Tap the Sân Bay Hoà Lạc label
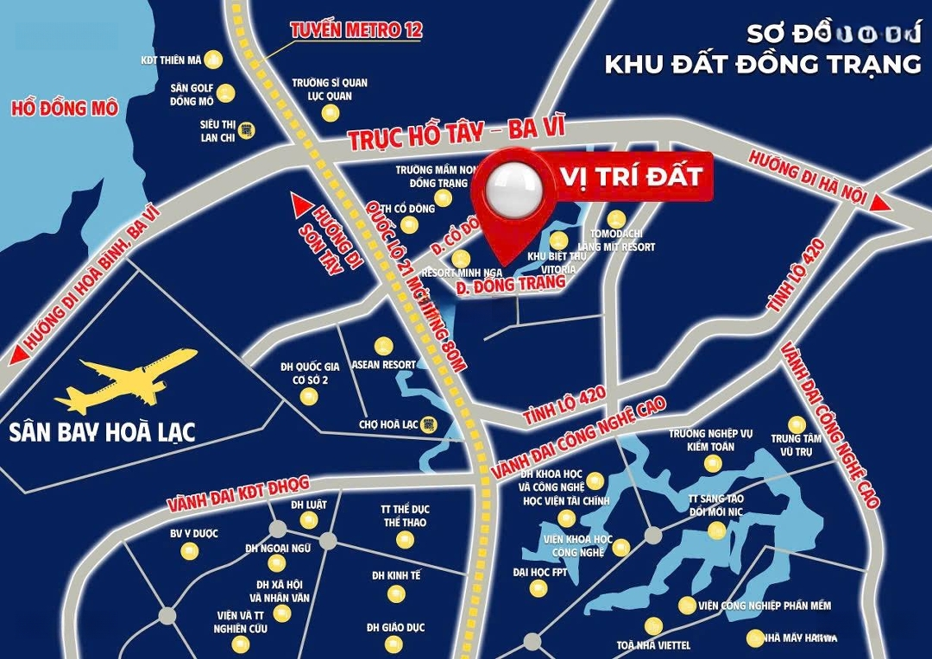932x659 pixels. point(103,431)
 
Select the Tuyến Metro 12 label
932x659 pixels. point(356,30)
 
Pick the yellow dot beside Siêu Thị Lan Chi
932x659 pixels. point(247,129)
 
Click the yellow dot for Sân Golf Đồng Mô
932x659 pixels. point(225,92)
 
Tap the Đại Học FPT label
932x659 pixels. point(540,572)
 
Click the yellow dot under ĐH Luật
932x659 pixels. point(308,520)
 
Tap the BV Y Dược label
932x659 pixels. point(193,533)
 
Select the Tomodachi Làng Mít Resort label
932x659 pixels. point(621,241)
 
